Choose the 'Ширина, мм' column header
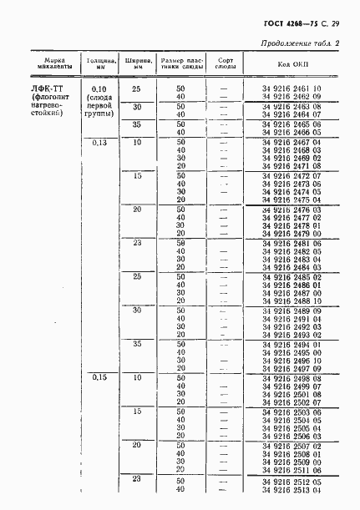137,63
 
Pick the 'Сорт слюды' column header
223,63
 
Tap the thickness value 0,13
99,143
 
